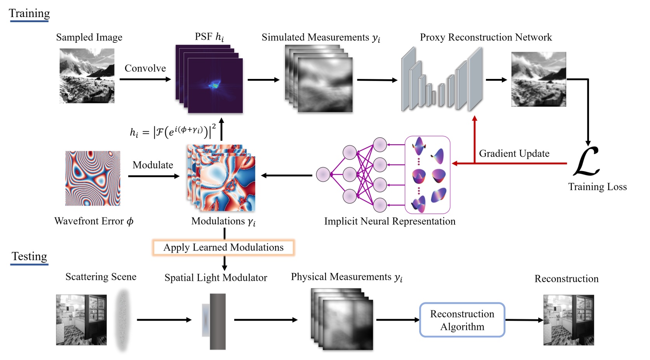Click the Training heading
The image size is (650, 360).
[x=30, y=13]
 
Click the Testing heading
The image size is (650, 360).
[x=29, y=257]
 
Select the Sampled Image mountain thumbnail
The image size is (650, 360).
[x=87, y=76]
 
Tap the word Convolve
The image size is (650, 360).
[x=145, y=68]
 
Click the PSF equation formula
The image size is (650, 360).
[x=173, y=132]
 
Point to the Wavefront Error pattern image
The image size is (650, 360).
[x=92, y=178]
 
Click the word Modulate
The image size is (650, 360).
[x=153, y=165]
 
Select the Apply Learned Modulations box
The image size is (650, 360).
[x=223, y=248]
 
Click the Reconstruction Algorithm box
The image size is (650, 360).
[x=462, y=320]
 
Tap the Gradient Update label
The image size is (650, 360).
[x=514, y=154]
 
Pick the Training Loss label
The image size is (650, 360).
[x=597, y=187]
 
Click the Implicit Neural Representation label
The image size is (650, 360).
[x=390, y=222]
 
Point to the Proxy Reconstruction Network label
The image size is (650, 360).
[x=486, y=37]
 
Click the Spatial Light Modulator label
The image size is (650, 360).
[x=216, y=278]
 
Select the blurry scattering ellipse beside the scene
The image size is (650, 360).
[x=123, y=320]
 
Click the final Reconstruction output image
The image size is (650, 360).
[x=568, y=320]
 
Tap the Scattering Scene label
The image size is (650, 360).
[x=101, y=277]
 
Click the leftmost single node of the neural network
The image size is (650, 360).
[x=323, y=175]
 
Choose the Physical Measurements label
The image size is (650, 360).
[x=347, y=277]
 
